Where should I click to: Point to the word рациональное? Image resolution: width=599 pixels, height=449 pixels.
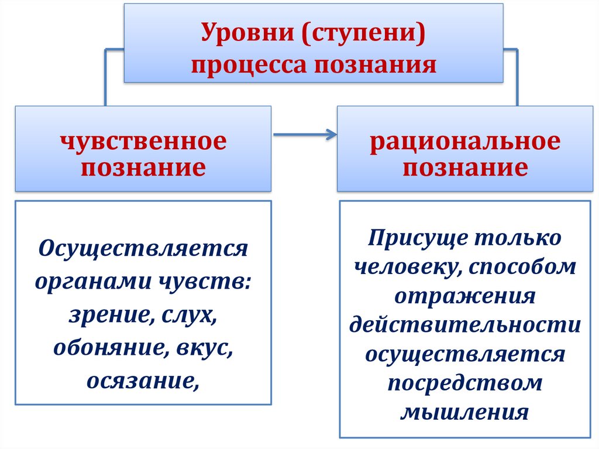(x=465, y=142)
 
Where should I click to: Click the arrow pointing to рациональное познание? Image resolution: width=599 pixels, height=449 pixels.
(x=305, y=136)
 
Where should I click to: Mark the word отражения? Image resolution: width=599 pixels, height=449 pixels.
(x=465, y=296)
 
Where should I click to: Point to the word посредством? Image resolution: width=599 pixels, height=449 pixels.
(x=465, y=383)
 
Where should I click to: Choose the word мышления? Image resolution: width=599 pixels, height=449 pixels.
(x=465, y=412)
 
